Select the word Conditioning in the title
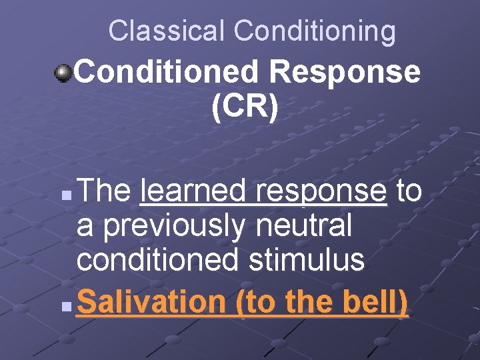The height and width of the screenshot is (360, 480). pos(315,31)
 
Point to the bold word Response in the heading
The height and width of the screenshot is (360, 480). pos(351,72)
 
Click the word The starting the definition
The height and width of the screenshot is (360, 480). pos(104,192)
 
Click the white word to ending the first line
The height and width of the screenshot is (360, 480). pos(409,192)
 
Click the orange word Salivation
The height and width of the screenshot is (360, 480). pos(151,302)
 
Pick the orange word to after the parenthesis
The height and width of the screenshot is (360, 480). pos(259,303)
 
